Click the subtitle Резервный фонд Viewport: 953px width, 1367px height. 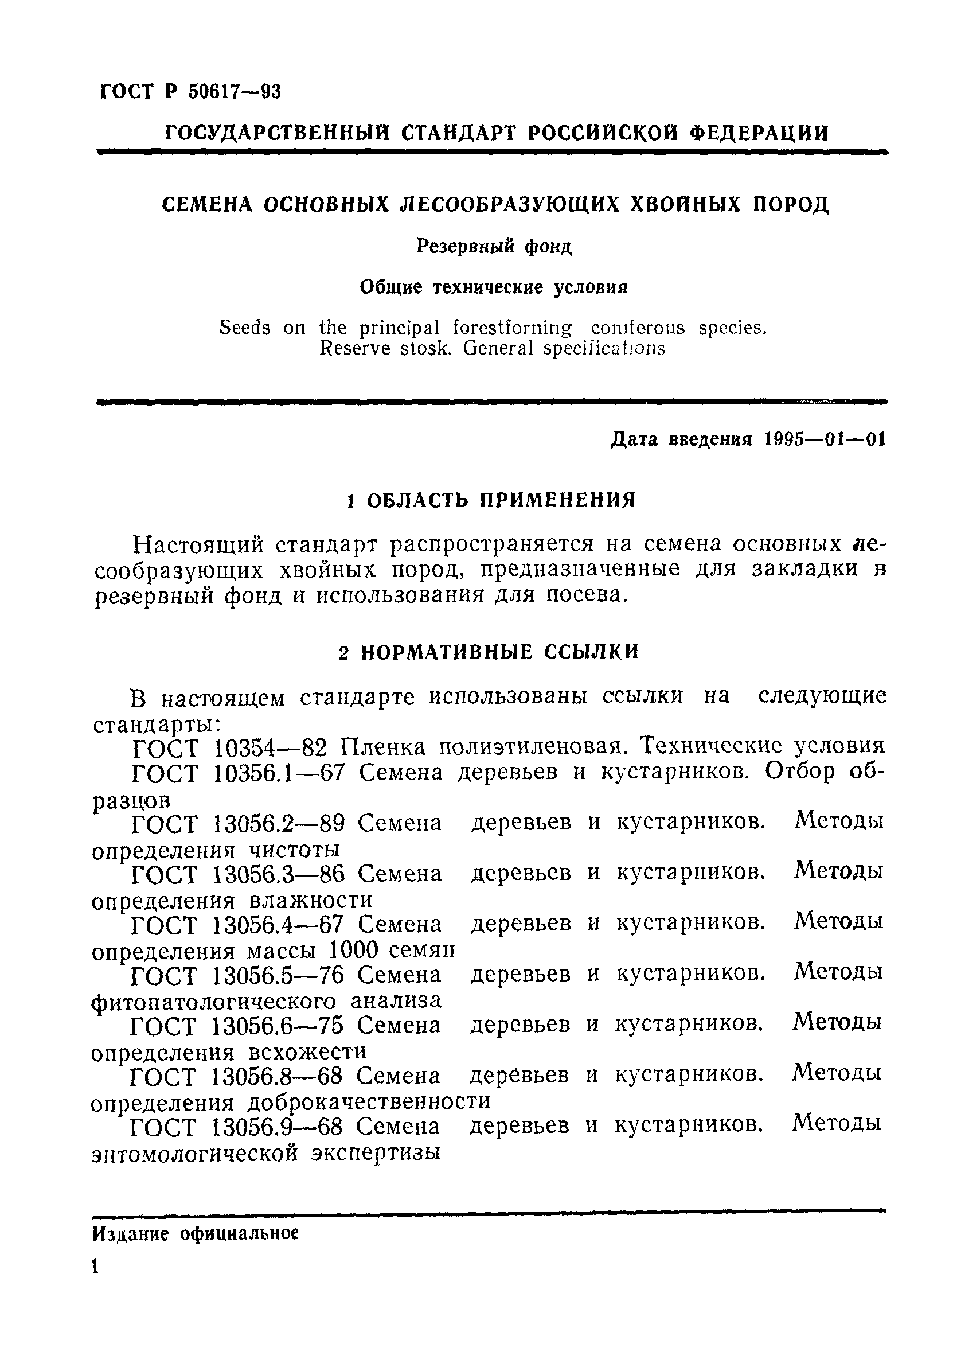pyautogui.click(x=494, y=246)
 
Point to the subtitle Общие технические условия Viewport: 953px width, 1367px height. pyautogui.click(x=494, y=287)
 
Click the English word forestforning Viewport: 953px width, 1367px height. pyautogui.click(x=512, y=328)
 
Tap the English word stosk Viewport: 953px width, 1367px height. pyautogui.click(x=423, y=348)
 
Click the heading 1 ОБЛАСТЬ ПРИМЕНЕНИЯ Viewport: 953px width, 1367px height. pyautogui.click(x=491, y=500)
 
